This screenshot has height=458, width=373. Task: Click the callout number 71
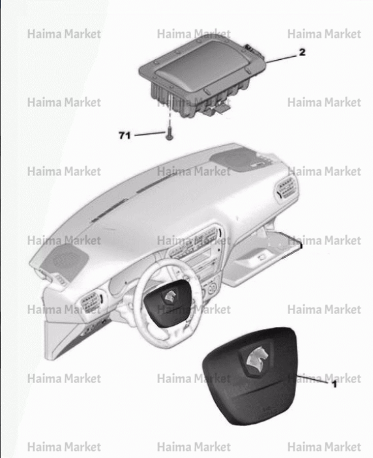coord(125,136)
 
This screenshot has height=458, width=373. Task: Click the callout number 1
coord(335,384)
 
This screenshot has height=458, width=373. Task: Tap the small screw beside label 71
coord(169,135)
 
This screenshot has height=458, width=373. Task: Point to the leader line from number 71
coord(150,134)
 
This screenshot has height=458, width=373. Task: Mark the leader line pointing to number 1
coord(314,379)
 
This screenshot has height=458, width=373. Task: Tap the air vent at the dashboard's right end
coord(286,188)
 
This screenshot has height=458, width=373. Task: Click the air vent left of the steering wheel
coord(91,302)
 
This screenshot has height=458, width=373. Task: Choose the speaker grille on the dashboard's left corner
coord(65,259)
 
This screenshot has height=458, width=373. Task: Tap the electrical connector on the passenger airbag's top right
coord(253,51)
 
